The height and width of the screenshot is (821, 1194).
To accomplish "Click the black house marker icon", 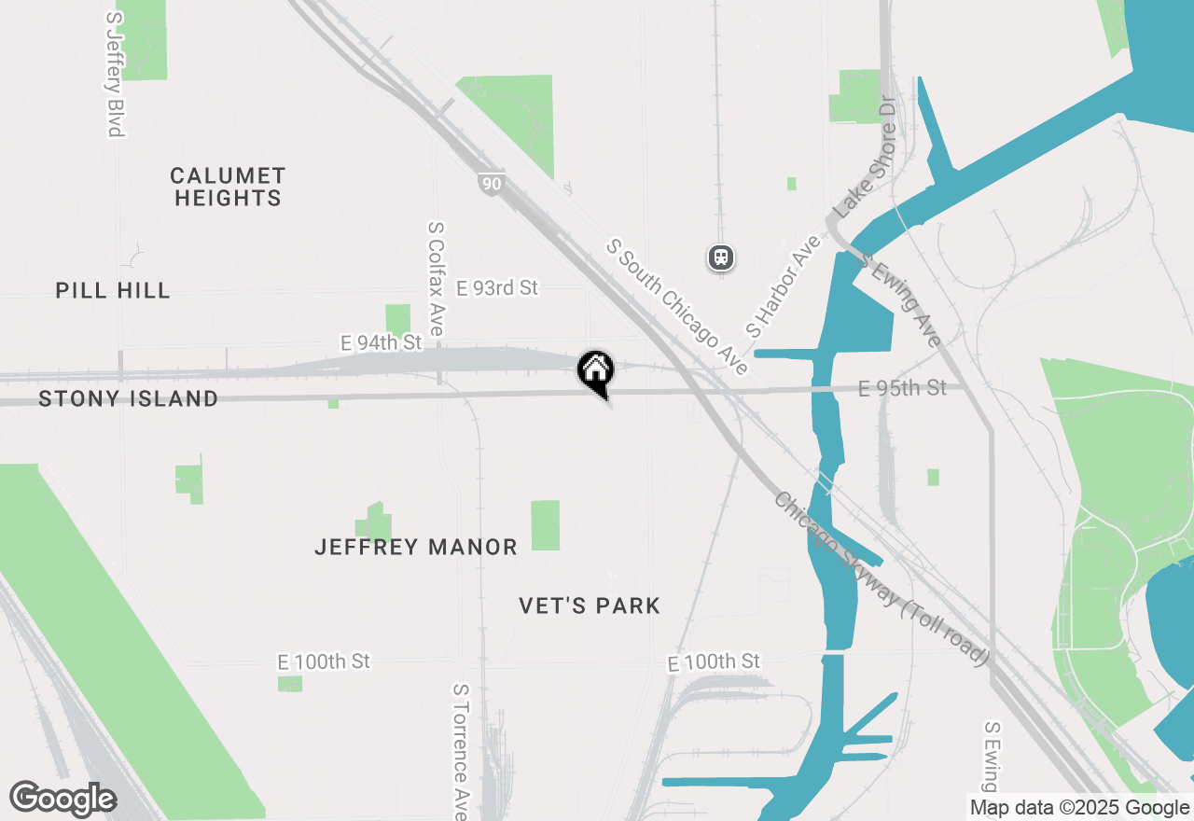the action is coord(595,371).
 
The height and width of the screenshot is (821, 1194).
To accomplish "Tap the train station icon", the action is coord(721,257).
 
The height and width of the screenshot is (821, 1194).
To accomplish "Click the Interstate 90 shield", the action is coord(491,184).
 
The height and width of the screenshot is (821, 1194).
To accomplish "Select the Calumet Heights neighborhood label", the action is coord(228,187).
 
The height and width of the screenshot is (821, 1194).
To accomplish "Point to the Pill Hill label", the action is coord(113,290).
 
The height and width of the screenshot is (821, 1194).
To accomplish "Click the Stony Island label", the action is coord(129,399).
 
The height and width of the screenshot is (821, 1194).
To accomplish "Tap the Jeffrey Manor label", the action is coord(416,548).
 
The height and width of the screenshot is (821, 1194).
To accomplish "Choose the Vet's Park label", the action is coord(590,606).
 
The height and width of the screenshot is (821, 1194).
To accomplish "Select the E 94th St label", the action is coord(382,342).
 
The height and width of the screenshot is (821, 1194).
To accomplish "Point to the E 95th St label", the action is coord(902,387).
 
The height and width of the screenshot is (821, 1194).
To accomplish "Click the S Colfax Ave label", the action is coord(436,278).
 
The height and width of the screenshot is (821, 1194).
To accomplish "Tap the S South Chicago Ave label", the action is coord(676,306).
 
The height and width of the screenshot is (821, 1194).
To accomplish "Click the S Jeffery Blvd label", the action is coord(115,75).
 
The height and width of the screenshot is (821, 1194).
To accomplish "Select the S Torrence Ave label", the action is coord(460,751).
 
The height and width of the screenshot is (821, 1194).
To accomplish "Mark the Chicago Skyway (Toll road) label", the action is coord(881,578).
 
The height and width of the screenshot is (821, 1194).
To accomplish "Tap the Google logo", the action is coord(62,800).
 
